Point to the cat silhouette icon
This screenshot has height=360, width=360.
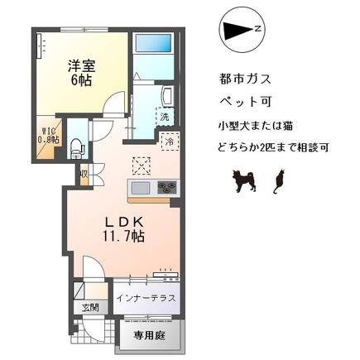(x=279, y=180)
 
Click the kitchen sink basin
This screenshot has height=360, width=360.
(x=139, y=187)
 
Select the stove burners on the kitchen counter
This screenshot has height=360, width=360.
(x=166, y=187)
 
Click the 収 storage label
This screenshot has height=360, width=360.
(x=84, y=174)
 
